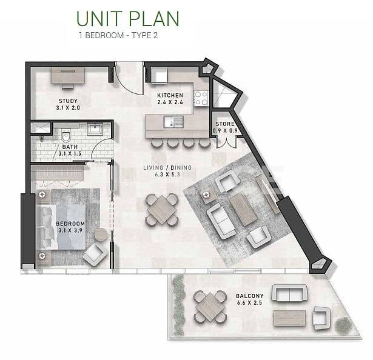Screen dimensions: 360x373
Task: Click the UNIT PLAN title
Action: tap(128, 18)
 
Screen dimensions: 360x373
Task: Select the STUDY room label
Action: tap(67, 104)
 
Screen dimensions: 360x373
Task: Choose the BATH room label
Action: tap(69, 150)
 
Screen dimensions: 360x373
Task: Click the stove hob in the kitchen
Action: tap(200, 97)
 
